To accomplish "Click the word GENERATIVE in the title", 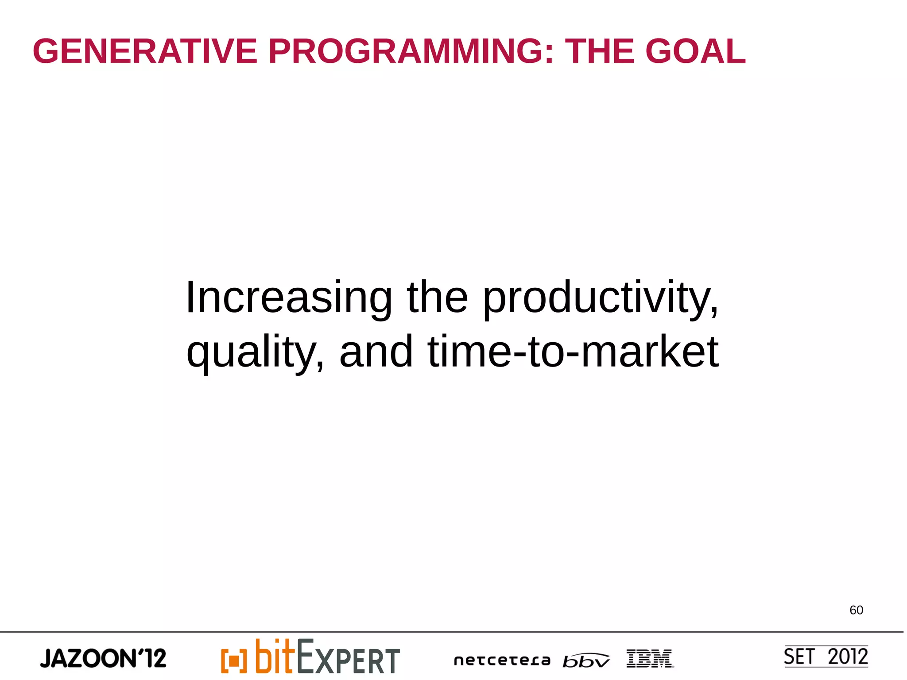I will click(x=145, y=51).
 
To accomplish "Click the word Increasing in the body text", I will click(x=288, y=298).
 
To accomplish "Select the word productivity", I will click(x=600, y=298).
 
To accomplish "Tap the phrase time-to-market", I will click(x=573, y=352).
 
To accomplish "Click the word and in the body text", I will click(x=376, y=352).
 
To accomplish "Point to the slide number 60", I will click(x=856, y=610).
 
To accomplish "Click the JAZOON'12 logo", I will click(x=103, y=658).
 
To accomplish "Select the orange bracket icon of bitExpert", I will click(x=233, y=661).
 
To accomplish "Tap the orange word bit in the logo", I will click(x=275, y=656).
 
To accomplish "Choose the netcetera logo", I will click(x=502, y=661).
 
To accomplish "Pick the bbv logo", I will click(x=585, y=661).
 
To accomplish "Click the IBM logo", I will click(x=649, y=659).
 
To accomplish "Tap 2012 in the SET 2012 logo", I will click(x=847, y=657).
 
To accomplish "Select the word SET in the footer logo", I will click(x=799, y=657).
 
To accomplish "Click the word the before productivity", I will click(x=437, y=298).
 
